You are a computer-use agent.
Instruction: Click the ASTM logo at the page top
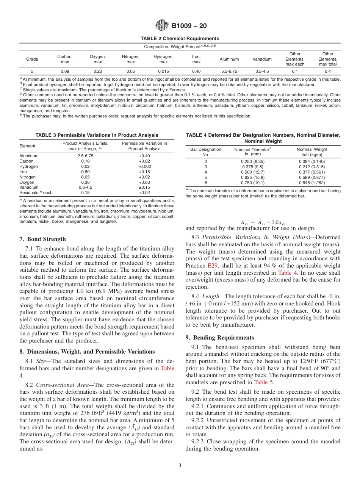[x=162, y=26]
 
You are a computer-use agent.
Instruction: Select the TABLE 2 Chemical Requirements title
[x=180, y=39]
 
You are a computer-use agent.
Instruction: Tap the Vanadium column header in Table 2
[x=262, y=59]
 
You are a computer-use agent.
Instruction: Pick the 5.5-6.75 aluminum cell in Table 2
[x=229, y=71]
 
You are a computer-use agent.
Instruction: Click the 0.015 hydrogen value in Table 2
[x=163, y=71]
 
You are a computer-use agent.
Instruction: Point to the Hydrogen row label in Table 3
[x=29, y=166]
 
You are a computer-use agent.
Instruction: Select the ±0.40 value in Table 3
[x=144, y=156]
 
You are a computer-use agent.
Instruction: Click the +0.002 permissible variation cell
[x=144, y=166]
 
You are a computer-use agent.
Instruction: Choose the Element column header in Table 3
[x=27, y=146]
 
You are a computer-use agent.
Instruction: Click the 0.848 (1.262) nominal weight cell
[x=312, y=182]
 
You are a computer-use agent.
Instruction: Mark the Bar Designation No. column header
[x=206, y=152]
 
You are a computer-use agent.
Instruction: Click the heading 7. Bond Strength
[x=42, y=239]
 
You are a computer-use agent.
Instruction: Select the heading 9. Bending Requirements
[x=220, y=338]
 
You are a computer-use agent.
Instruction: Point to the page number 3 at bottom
[x=180, y=465]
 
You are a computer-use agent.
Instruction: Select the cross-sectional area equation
[x=263, y=222]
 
